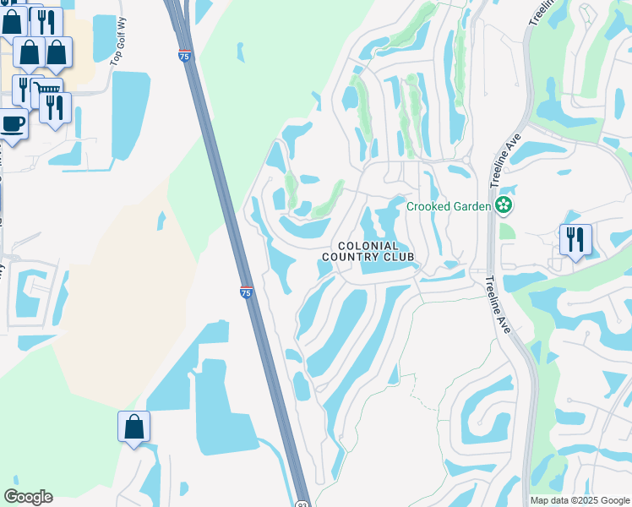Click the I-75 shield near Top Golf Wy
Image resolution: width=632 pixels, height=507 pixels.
(184, 56)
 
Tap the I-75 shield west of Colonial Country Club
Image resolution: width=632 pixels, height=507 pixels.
(246, 292)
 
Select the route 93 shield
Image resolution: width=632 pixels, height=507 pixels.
(302, 502)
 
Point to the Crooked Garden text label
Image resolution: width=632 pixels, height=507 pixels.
(449, 206)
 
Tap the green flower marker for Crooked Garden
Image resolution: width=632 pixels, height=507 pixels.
(504, 204)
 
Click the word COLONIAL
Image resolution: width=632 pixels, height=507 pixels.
(368, 245)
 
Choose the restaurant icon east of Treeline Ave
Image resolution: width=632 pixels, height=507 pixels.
(575, 239)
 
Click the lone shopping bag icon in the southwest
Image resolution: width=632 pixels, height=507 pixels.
(134, 427)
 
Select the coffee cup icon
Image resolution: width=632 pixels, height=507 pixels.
(12, 124)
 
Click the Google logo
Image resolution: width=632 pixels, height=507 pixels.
(28, 497)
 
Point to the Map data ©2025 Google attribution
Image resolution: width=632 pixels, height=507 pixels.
(579, 500)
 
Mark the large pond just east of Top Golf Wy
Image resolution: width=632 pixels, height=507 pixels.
(130, 114)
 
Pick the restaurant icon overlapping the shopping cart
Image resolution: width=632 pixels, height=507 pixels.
(56, 107)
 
